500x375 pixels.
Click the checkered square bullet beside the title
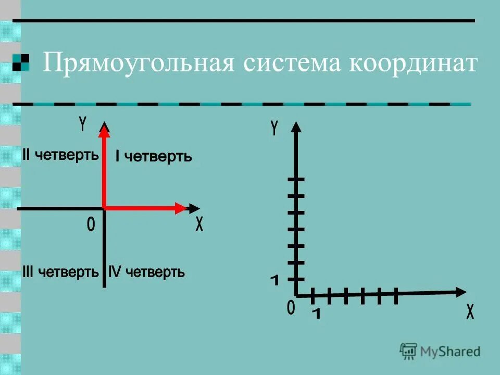tap(20, 63)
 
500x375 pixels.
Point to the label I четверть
tap(154, 156)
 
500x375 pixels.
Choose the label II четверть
tap(60, 155)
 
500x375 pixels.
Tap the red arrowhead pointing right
tap(180, 208)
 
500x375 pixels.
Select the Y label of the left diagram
tap(82, 123)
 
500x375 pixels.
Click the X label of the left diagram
tap(199, 225)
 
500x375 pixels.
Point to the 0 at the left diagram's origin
tap(91, 225)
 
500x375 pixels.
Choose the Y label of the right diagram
tap(274, 128)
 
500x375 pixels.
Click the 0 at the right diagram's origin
tap(291, 307)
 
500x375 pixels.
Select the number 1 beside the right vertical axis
tap(274, 281)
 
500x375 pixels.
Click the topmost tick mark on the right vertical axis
tap(295, 180)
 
